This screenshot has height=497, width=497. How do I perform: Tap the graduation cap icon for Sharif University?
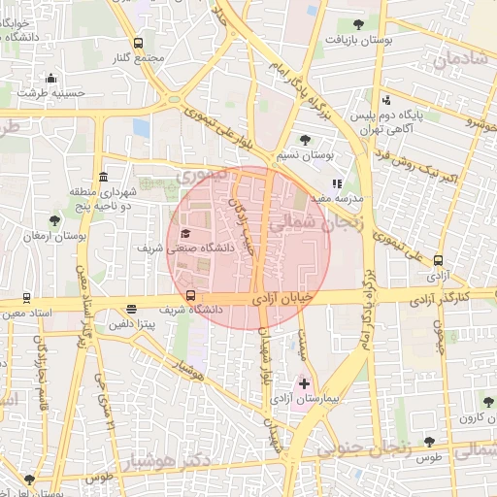185,234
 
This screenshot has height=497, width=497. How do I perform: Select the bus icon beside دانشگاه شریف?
190,296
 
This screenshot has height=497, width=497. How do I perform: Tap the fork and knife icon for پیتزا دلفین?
131,311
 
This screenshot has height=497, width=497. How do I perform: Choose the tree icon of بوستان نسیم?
306,140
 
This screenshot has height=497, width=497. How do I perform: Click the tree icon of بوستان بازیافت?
359,24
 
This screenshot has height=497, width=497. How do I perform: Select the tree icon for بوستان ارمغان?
54,221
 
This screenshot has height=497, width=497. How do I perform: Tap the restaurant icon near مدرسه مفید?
337,182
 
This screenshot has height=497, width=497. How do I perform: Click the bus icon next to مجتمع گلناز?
138,44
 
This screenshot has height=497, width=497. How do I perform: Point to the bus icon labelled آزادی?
438,260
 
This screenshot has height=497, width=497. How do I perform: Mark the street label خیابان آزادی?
289,302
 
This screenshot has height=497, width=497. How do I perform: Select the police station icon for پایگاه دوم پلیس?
387,100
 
